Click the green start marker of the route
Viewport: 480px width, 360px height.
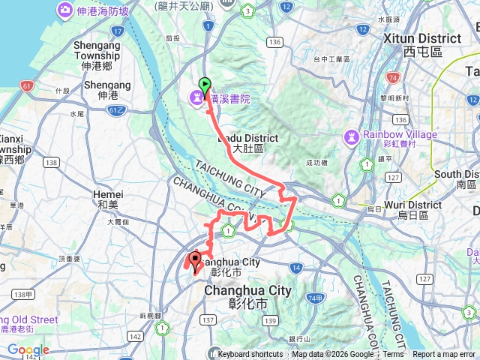click(205, 85)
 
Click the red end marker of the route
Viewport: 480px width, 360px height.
click(196, 261)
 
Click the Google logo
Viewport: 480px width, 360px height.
click(28, 349)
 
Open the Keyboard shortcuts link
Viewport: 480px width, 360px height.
click(250, 355)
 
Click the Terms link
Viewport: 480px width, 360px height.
click(393, 355)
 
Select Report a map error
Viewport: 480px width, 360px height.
click(444, 355)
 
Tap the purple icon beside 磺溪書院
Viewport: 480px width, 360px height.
click(196, 96)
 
